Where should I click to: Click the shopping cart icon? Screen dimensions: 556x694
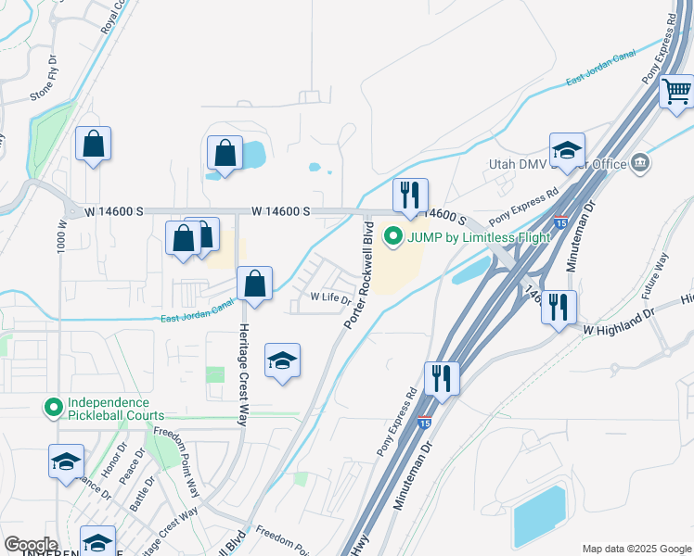pyautogui.click(x=677, y=92)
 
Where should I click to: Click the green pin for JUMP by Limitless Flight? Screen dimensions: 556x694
pyautogui.click(x=392, y=236)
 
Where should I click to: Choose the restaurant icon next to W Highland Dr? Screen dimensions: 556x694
pyautogui.click(x=559, y=307)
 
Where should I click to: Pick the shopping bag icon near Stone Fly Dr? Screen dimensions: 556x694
pyautogui.click(x=93, y=144)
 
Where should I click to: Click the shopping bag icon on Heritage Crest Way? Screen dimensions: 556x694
pyautogui.click(x=254, y=284)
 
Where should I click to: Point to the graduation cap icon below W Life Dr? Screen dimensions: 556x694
pyautogui.click(x=282, y=360)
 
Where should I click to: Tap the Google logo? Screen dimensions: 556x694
pyautogui.click(x=30, y=545)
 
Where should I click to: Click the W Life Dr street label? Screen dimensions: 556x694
pyautogui.click(x=330, y=298)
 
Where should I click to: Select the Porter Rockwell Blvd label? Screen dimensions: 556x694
pyautogui.click(x=362, y=277)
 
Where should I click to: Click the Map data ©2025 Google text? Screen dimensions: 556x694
pyautogui.click(x=636, y=548)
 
